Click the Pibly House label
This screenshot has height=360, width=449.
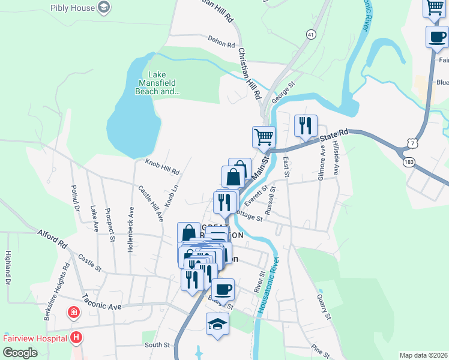[x=73, y=8]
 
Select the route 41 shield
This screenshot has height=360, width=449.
[x=310, y=35]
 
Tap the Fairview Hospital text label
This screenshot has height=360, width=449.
[x=34, y=338]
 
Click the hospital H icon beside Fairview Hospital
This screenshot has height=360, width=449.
[x=76, y=338]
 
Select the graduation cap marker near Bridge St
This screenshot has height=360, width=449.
[x=217, y=325]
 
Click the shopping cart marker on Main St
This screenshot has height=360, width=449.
[x=264, y=137]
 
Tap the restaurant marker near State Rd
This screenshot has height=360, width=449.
[x=306, y=125]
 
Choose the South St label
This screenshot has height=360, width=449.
[x=157, y=345]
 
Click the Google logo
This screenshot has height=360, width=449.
[x=20, y=353]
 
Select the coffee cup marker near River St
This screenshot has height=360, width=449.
[x=223, y=290]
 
